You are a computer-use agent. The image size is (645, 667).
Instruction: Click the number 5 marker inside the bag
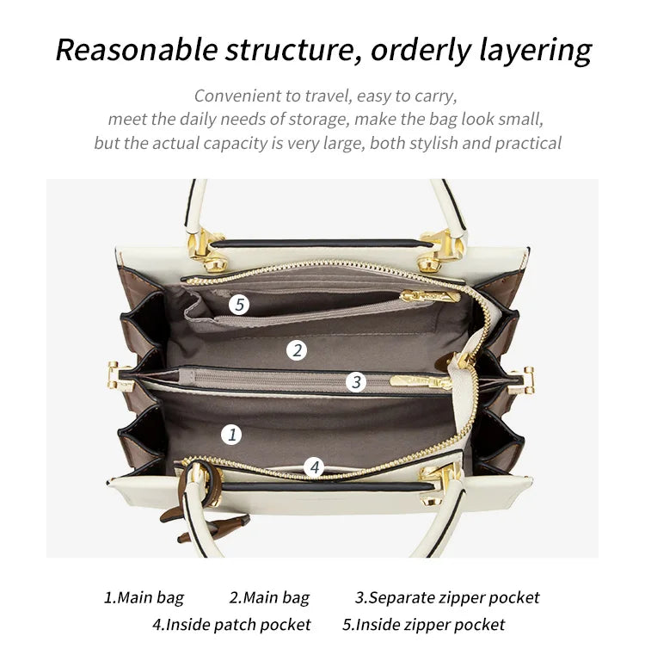240,304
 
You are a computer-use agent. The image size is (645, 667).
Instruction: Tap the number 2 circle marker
298,350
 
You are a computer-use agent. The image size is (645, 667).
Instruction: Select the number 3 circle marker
356,382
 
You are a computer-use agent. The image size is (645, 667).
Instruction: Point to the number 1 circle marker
230,435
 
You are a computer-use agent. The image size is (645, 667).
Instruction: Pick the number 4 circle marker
315,467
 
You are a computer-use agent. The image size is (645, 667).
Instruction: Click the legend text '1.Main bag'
144,597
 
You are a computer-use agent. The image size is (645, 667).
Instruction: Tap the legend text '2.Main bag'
269,597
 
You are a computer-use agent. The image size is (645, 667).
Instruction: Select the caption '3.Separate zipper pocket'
447,597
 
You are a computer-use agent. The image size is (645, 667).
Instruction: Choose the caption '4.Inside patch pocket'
231,625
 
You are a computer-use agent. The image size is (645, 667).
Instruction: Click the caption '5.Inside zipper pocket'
423,625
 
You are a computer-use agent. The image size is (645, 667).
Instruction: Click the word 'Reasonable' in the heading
137,50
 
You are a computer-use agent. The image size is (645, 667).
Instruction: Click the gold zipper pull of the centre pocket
420,380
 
